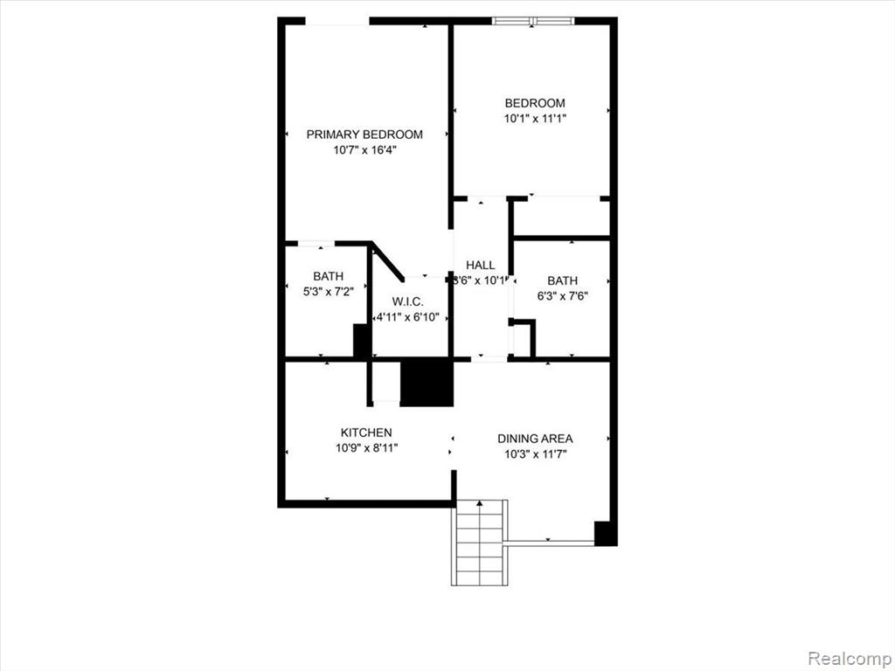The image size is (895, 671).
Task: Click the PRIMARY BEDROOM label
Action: pos(364,135)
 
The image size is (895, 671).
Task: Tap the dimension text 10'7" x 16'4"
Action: pos(364,150)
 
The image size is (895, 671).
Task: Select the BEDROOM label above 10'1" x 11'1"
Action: pos(535,103)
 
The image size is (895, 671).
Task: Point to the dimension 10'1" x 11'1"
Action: pos(535,119)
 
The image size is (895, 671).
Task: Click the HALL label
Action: pos(481,266)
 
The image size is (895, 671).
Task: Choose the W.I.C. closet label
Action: pos(407,301)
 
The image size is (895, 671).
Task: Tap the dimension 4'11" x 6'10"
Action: pos(407,317)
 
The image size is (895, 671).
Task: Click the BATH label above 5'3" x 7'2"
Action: pos(329,277)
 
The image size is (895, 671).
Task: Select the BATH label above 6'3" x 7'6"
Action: pos(562,280)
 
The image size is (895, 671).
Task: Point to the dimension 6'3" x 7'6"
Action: pos(562,296)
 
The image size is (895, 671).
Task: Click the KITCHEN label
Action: pos(366,433)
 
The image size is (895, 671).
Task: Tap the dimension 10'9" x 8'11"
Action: pos(366,448)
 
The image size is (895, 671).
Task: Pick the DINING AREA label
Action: pos(535,439)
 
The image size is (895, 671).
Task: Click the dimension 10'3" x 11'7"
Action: pos(535,454)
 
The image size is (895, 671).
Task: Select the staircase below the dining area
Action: pos(480,543)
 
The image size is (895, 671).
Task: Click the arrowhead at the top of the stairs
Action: pos(480,503)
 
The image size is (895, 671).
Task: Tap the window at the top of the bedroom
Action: pos(533,21)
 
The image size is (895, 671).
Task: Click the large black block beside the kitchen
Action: pos(427,383)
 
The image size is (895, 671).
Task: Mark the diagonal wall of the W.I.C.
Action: pos(388,261)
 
